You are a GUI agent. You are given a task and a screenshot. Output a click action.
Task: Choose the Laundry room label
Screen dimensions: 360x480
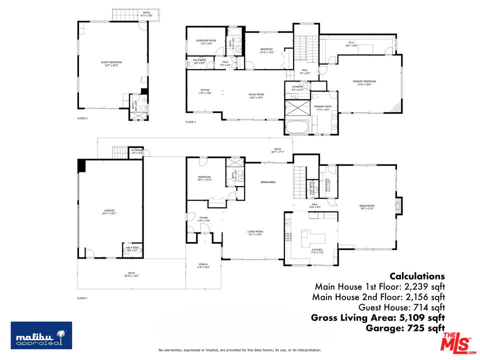[x=297, y=88]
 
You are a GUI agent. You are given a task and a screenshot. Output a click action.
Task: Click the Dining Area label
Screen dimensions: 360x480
[x=268, y=182]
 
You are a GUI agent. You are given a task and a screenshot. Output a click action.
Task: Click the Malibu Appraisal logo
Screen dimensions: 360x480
[x=41, y=335]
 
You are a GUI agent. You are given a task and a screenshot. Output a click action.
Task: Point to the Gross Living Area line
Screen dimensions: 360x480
[x=377, y=317]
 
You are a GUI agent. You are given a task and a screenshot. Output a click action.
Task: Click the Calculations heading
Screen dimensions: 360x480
[x=417, y=276]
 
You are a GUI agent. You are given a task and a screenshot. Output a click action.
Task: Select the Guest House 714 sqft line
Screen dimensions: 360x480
[x=401, y=307]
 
